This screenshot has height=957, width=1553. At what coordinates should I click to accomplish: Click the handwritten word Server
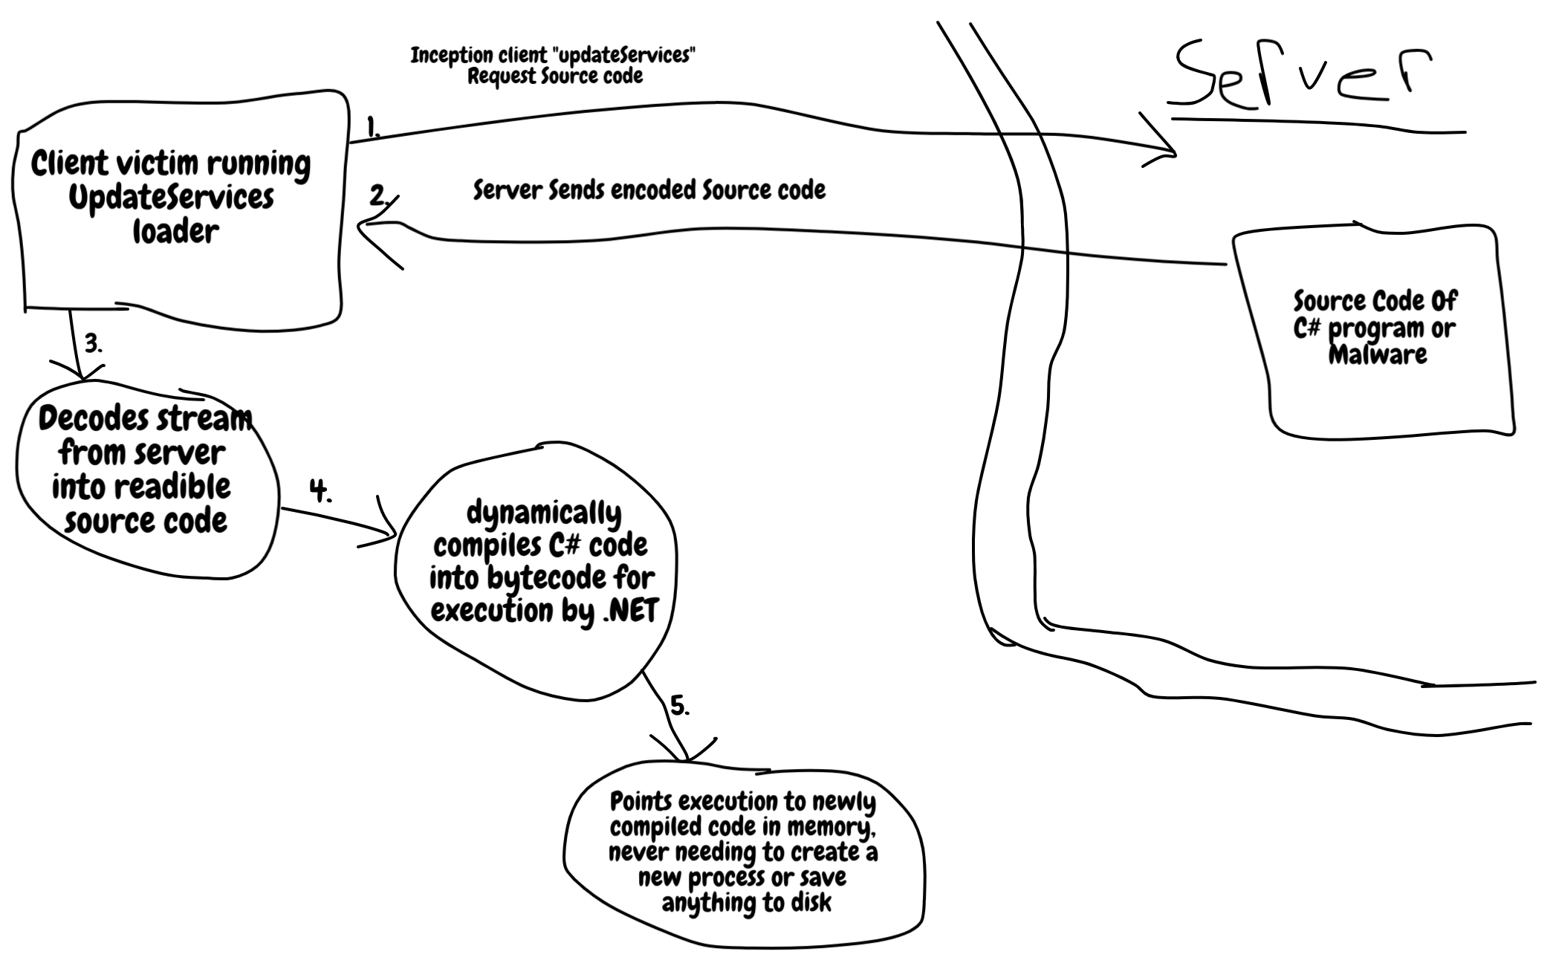1300,74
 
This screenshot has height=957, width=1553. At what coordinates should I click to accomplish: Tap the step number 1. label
373,128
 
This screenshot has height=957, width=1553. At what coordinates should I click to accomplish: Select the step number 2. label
379,196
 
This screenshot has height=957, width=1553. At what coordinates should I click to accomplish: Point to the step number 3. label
93,344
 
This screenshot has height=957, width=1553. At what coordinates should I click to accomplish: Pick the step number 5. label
680,705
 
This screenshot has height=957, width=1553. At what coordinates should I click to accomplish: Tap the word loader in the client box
175,231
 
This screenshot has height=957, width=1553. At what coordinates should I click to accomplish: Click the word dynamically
544,513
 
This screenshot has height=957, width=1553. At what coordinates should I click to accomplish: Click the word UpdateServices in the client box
171,198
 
